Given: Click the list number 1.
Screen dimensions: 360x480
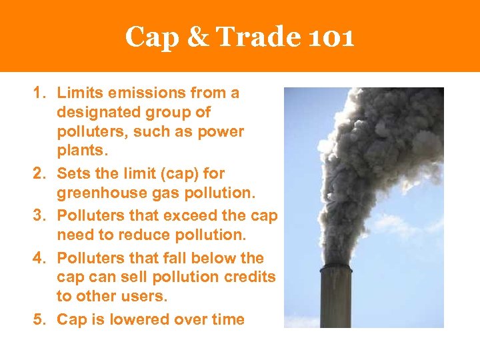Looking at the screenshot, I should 39,93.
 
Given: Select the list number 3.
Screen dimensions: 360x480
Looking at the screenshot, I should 39,215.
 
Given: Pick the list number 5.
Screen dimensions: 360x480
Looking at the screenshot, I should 39,319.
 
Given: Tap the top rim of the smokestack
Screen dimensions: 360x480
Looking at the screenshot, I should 335,268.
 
